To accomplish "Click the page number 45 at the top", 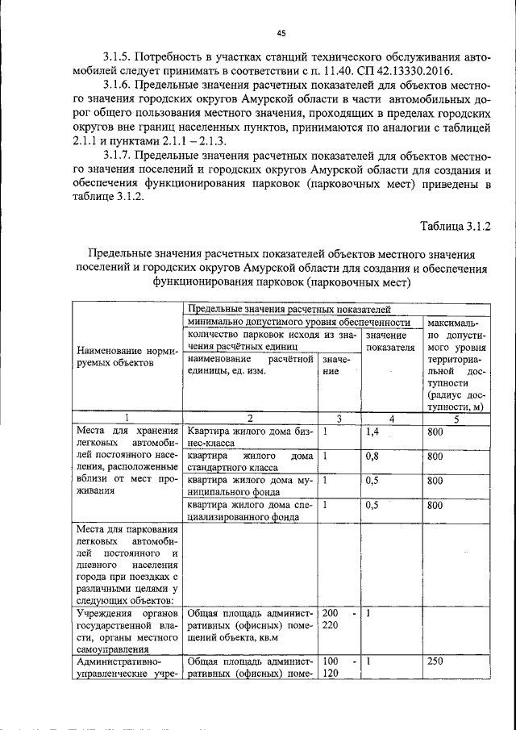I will click(x=281, y=33).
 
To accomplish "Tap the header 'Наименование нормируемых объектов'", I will click(x=126, y=357).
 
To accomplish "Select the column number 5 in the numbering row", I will click(x=456, y=418).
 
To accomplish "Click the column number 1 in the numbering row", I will click(x=126, y=418).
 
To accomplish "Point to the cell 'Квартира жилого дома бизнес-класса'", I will click(x=249, y=437).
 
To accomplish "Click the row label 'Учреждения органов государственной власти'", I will click(x=126, y=630).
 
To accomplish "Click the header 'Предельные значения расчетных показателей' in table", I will click(x=289, y=309).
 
